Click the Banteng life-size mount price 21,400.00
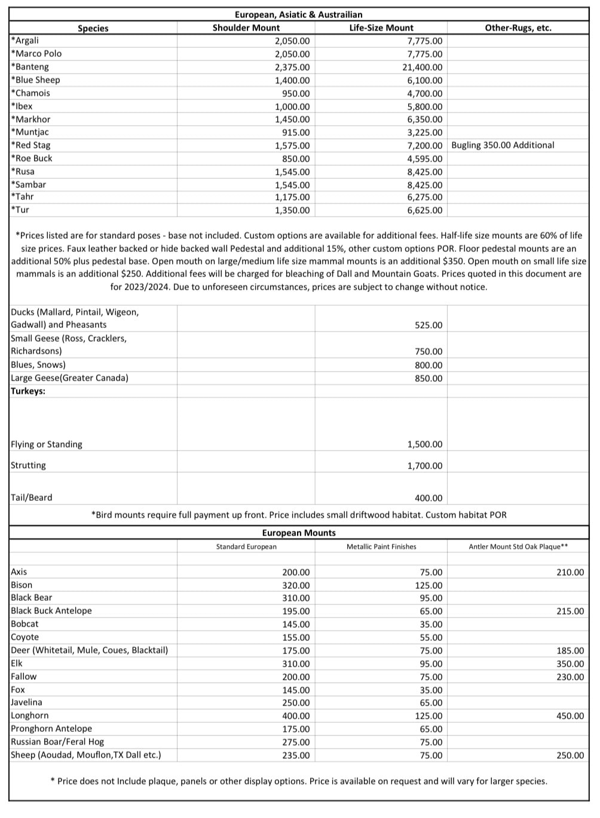click(422, 67)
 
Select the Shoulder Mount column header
click(246, 28)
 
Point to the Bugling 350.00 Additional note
click(503, 145)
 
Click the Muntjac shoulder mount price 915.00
click(296, 132)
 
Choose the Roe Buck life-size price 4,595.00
click(424, 159)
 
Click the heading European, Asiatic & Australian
click(298, 14)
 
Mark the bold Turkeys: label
click(28, 391)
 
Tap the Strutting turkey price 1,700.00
click(424, 466)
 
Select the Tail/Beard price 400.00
click(428, 498)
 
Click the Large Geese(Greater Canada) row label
click(69, 378)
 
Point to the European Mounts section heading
click(299, 533)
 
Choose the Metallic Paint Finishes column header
click(381, 546)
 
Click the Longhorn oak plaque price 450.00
click(570, 716)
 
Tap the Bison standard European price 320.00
click(296, 585)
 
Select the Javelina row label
click(26, 702)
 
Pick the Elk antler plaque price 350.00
click(570, 664)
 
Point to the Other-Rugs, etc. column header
click(518, 28)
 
